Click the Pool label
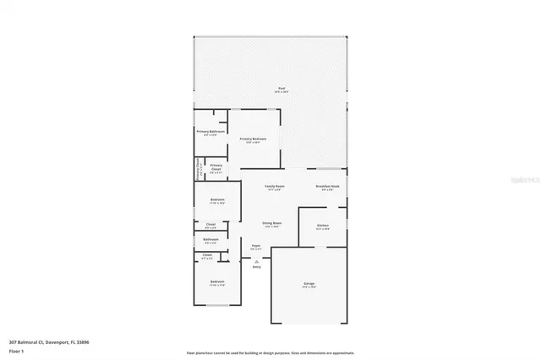coord(281,89)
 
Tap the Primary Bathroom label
coord(210,132)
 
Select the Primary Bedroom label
coord(253,139)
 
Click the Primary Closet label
coord(216,166)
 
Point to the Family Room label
coord(274,186)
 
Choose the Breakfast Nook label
coord(327,186)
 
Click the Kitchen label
coord(322,226)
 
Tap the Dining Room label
coord(272,224)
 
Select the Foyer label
coord(255,246)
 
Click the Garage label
coord(309,283)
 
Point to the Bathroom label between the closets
coord(210,240)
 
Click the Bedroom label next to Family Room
coord(217,199)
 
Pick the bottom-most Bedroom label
coord(217,281)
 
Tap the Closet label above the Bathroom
coord(210,225)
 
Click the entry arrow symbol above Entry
coord(256,261)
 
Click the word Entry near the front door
coord(256,267)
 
